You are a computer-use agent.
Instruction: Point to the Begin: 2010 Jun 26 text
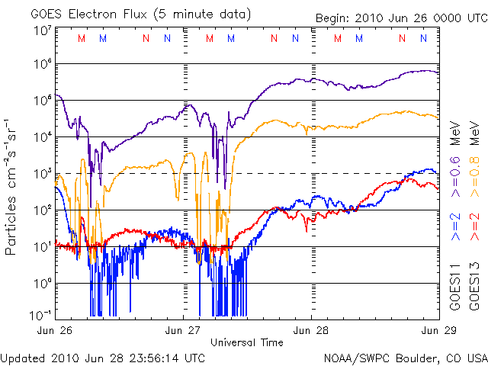pos(376,17)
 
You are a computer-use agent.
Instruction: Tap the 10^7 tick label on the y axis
pos(41,30)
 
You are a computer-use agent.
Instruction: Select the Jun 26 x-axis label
pos(56,330)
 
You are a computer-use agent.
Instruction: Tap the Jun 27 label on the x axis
pos(184,330)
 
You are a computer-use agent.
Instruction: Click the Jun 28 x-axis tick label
pos(311,330)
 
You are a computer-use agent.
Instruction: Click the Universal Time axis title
pos(247,342)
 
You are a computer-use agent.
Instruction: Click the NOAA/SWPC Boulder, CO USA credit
pos(405,358)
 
